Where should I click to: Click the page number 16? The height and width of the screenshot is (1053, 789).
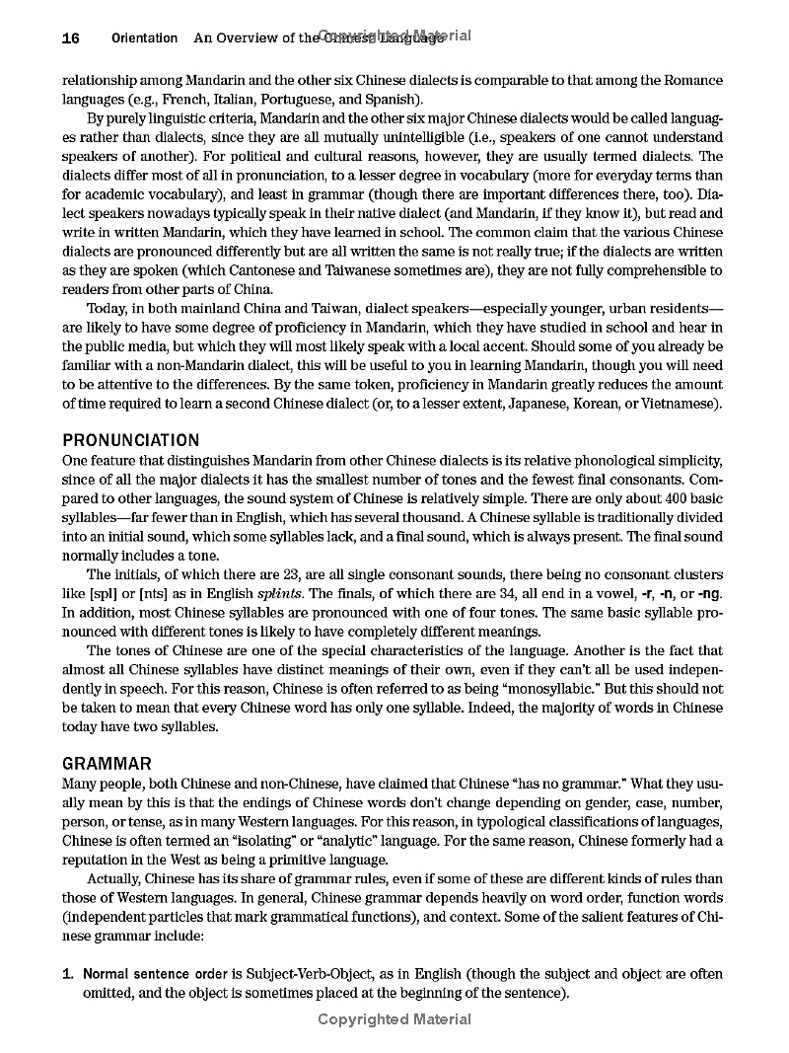[70, 38]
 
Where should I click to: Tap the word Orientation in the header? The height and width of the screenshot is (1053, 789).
[144, 38]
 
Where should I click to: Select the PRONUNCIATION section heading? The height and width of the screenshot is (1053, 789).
[130, 440]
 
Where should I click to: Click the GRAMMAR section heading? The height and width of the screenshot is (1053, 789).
[107, 764]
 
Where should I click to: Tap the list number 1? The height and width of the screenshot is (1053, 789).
[67, 974]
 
